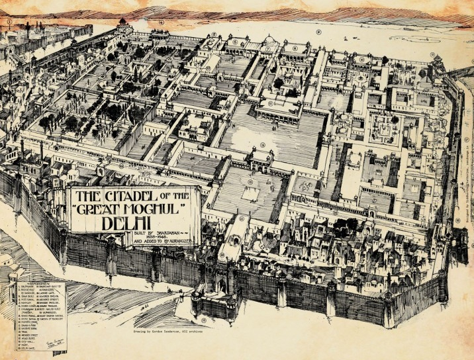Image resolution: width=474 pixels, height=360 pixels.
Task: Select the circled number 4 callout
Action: click(x=161, y=21)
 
